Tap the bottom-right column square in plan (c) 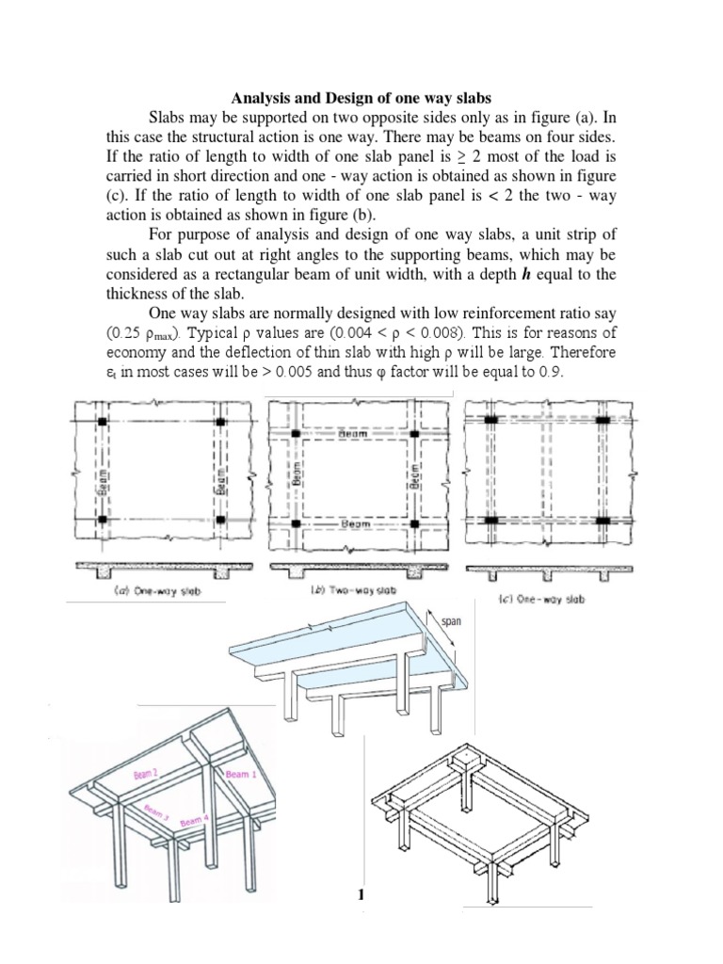(602, 521)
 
